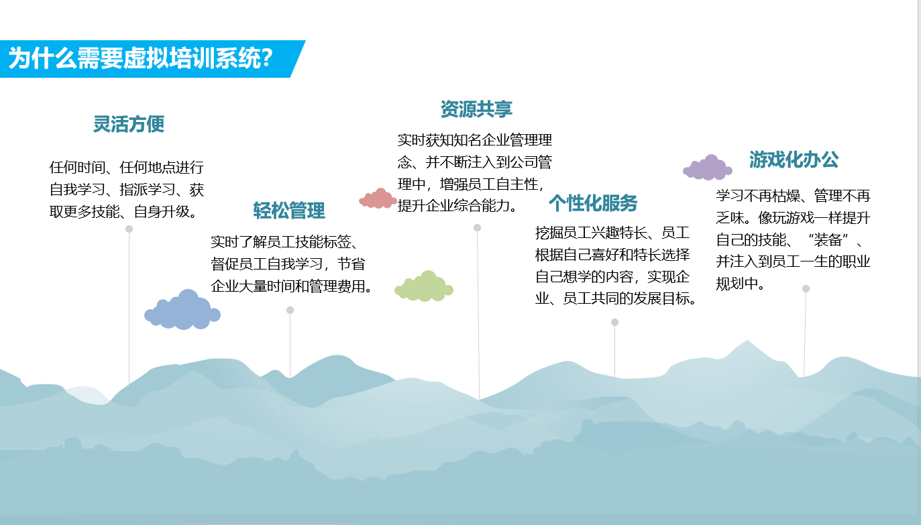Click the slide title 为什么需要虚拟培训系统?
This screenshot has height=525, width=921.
click(x=141, y=58)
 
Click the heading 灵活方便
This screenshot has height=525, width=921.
click(x=129, y=124)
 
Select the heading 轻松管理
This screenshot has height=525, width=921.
click(x=289, y=211)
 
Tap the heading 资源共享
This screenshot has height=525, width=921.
click(x=476, y=109)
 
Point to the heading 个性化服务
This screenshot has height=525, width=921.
click(x=593, y=202)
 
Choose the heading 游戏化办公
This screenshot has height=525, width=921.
click(x=794, y=160)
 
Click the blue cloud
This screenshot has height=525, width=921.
click(x=182, y=310)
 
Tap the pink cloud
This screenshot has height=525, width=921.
click(x=378, y=198)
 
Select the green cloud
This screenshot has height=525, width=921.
click(x=424, y=286)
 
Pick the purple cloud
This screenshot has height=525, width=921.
click(x=708, y=168)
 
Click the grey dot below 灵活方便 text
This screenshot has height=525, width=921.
click(x=129, y=229)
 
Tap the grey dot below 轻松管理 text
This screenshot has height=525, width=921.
click(x=290, y=310)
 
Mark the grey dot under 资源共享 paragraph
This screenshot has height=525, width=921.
click(x=478, y=227)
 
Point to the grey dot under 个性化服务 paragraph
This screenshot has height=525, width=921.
click(x=614, y=322)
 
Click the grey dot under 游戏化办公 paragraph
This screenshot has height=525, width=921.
click(x=806, y=288)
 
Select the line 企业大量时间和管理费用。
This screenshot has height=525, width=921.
click(x=292, y=286)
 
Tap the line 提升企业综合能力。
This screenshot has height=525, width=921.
click(x=457, y=205)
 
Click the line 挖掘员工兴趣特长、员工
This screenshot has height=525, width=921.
click(x=612, y=233)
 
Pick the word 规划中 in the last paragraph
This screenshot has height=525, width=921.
click(x=737, y=283)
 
